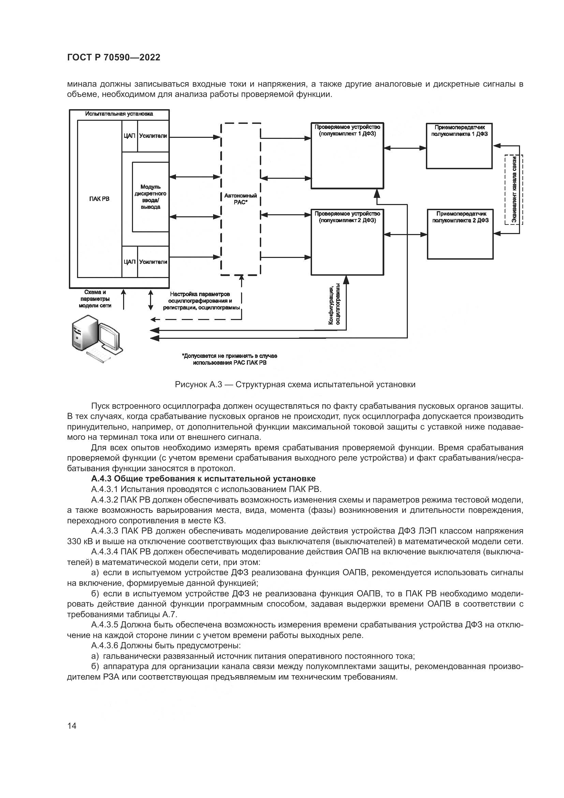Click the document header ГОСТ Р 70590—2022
coord(114,58)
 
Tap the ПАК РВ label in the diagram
coord(99,199)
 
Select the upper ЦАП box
coord(129,136)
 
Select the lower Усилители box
coord(153,262)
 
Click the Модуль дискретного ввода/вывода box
coord(150,197)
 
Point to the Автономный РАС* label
coord(240,199)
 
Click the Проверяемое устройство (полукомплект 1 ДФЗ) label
coord(347,130)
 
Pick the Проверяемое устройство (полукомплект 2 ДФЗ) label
coord(347,217)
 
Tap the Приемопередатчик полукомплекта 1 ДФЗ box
coord(459,146)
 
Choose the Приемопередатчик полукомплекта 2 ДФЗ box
coord(460,234)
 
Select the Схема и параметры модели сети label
coord(95,299)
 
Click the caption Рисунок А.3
coord(295,385)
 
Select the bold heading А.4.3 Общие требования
coord(203,479)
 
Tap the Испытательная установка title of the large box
coord(119,114)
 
